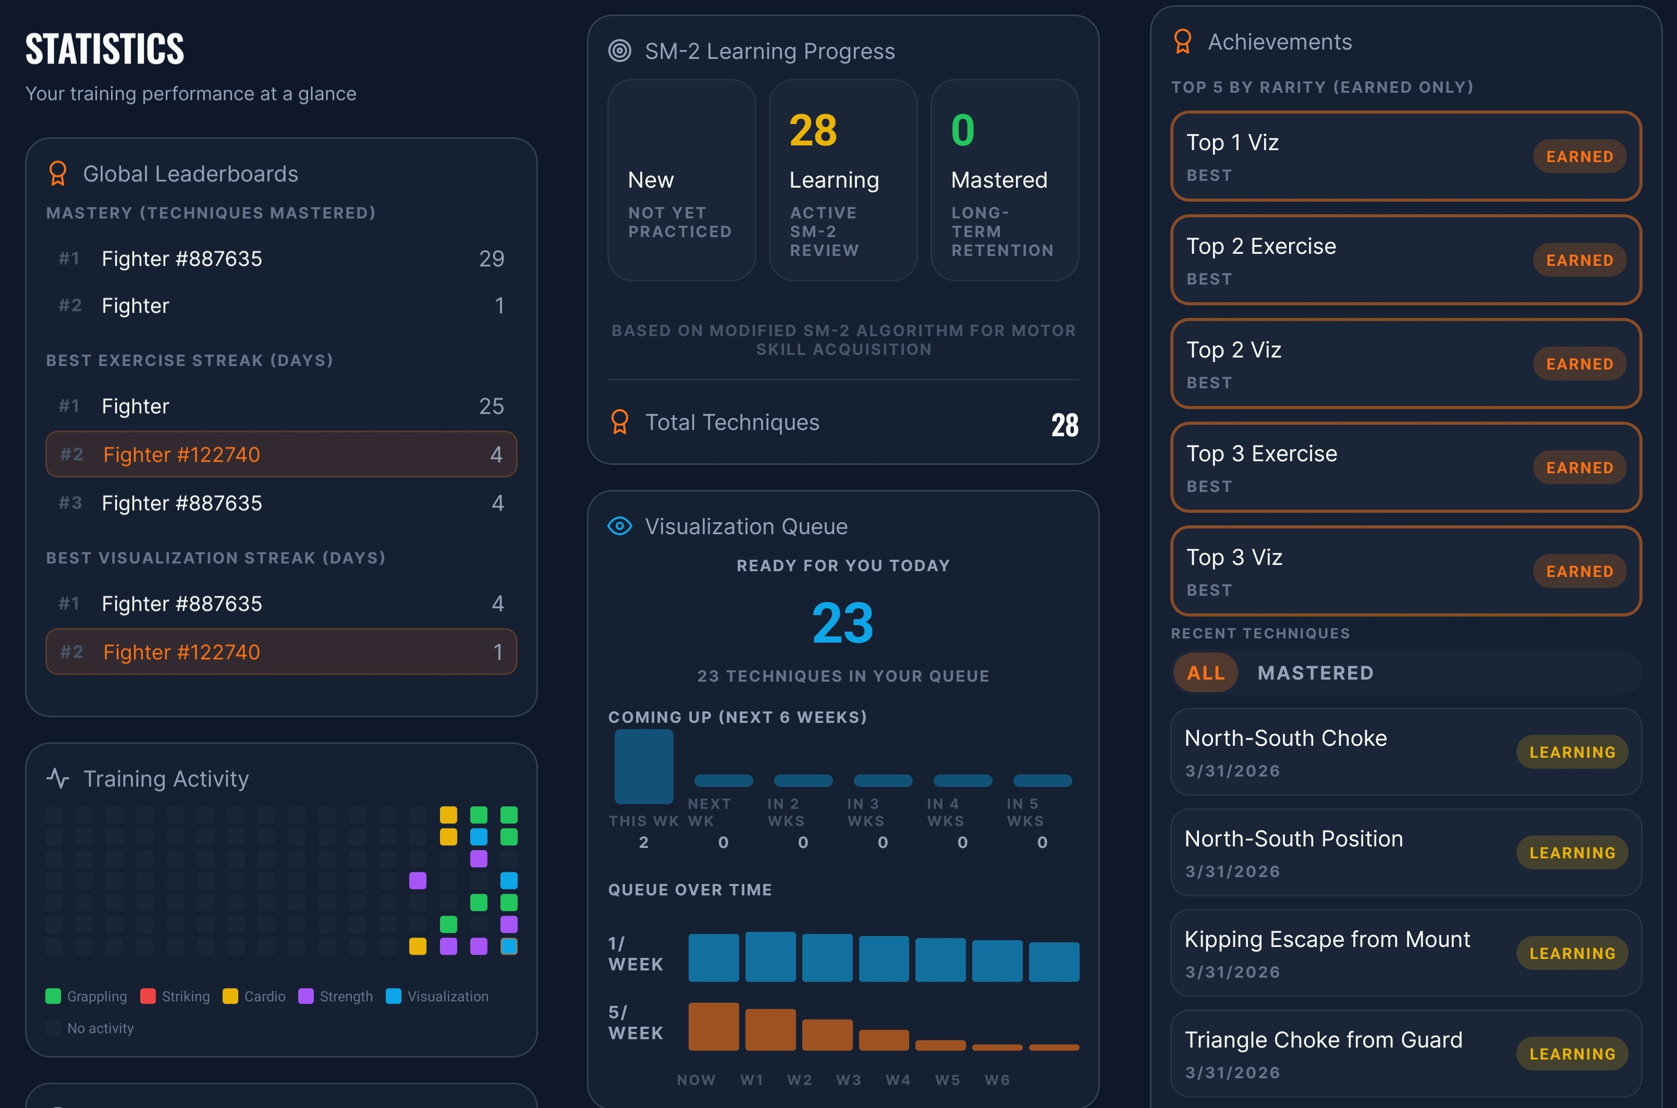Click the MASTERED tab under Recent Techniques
pos(1315,673)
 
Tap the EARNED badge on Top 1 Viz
pos(1579,156)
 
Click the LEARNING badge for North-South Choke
pos(1572,752)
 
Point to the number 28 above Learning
pos(813,131)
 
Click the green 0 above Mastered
pos(962,131)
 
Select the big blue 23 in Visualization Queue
pos(842,623)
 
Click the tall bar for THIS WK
pos(643,767)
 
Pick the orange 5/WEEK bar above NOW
pos(713,1026)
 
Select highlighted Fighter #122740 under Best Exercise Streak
pos(181,454)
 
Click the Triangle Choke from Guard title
pos(1323,1039)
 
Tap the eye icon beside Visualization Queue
pos(620,526)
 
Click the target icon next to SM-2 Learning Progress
pos(620,51)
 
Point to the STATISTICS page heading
pos(105,49)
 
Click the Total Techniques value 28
pos(1064,425)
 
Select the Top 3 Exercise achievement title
pos(1262,453)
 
